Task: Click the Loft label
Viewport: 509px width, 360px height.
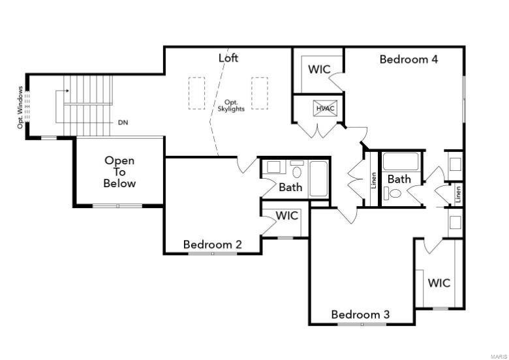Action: (x=228, y=58)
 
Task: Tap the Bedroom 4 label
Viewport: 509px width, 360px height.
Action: (x=409, y=59)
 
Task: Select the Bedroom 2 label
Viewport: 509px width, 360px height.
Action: (x=213, y=244)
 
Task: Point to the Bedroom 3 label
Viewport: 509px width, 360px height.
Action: (x=360, y=314)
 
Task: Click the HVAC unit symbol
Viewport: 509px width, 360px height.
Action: (x=325, y=108)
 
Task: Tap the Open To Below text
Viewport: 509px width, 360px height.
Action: (x=119, y=172)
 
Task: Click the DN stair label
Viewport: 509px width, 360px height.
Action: (x=123, y=123)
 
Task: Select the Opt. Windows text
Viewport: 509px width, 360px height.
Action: (x=20, y=108)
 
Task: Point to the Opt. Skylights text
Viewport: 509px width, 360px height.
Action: (x=231, y=106)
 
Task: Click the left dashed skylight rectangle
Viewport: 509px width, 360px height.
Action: (x=196, y=93)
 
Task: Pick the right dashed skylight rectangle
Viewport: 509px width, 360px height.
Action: (x=260, y=93)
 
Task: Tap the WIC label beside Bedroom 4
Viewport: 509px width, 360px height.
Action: (x=319, y=69)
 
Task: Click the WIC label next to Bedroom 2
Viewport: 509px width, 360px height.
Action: (x=287, y=216)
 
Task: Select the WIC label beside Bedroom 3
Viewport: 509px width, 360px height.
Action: (x=439, y=283)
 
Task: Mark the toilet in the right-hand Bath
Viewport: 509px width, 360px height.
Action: (x=392, y=193)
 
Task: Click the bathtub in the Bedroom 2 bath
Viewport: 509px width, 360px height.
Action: (x=318, y=179)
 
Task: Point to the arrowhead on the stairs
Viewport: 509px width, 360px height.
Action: (x=67, y=91)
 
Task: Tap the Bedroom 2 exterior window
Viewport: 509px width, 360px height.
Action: (x=213, y=253)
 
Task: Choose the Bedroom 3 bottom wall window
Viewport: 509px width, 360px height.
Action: (x=362, y=324)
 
